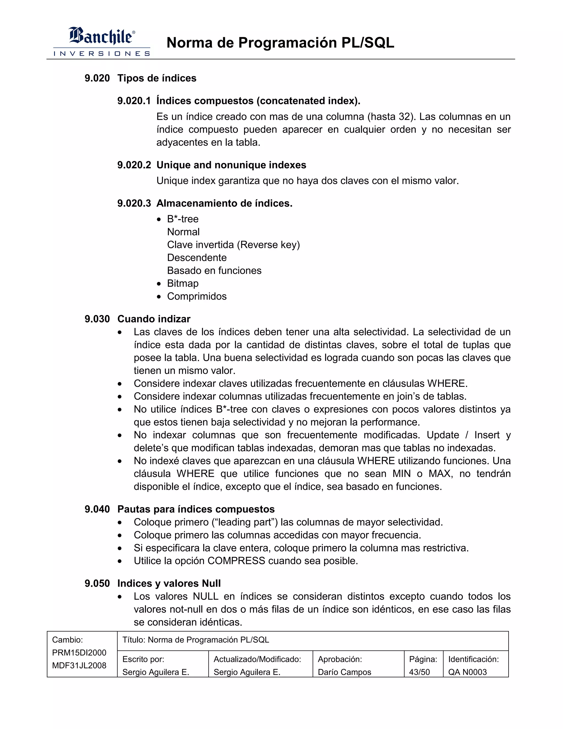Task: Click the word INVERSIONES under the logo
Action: point(101,53)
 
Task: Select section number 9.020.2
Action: point(134,165)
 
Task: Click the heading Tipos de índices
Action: point(157,78)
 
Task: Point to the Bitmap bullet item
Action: point(183,283)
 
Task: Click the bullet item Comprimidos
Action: point(197,296)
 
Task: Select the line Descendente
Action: point(197,258)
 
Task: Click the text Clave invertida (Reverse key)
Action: point(233,245)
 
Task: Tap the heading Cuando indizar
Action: point(154,319)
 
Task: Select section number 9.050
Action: point(97,583)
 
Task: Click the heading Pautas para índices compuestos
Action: point(196,509)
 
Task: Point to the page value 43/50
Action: point(419,672)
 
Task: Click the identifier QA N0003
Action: point(467,672)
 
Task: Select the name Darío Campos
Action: point(344,672)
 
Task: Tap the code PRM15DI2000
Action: point(79,653)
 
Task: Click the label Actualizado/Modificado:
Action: point(257,659)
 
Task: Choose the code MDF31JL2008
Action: point(79,665)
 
